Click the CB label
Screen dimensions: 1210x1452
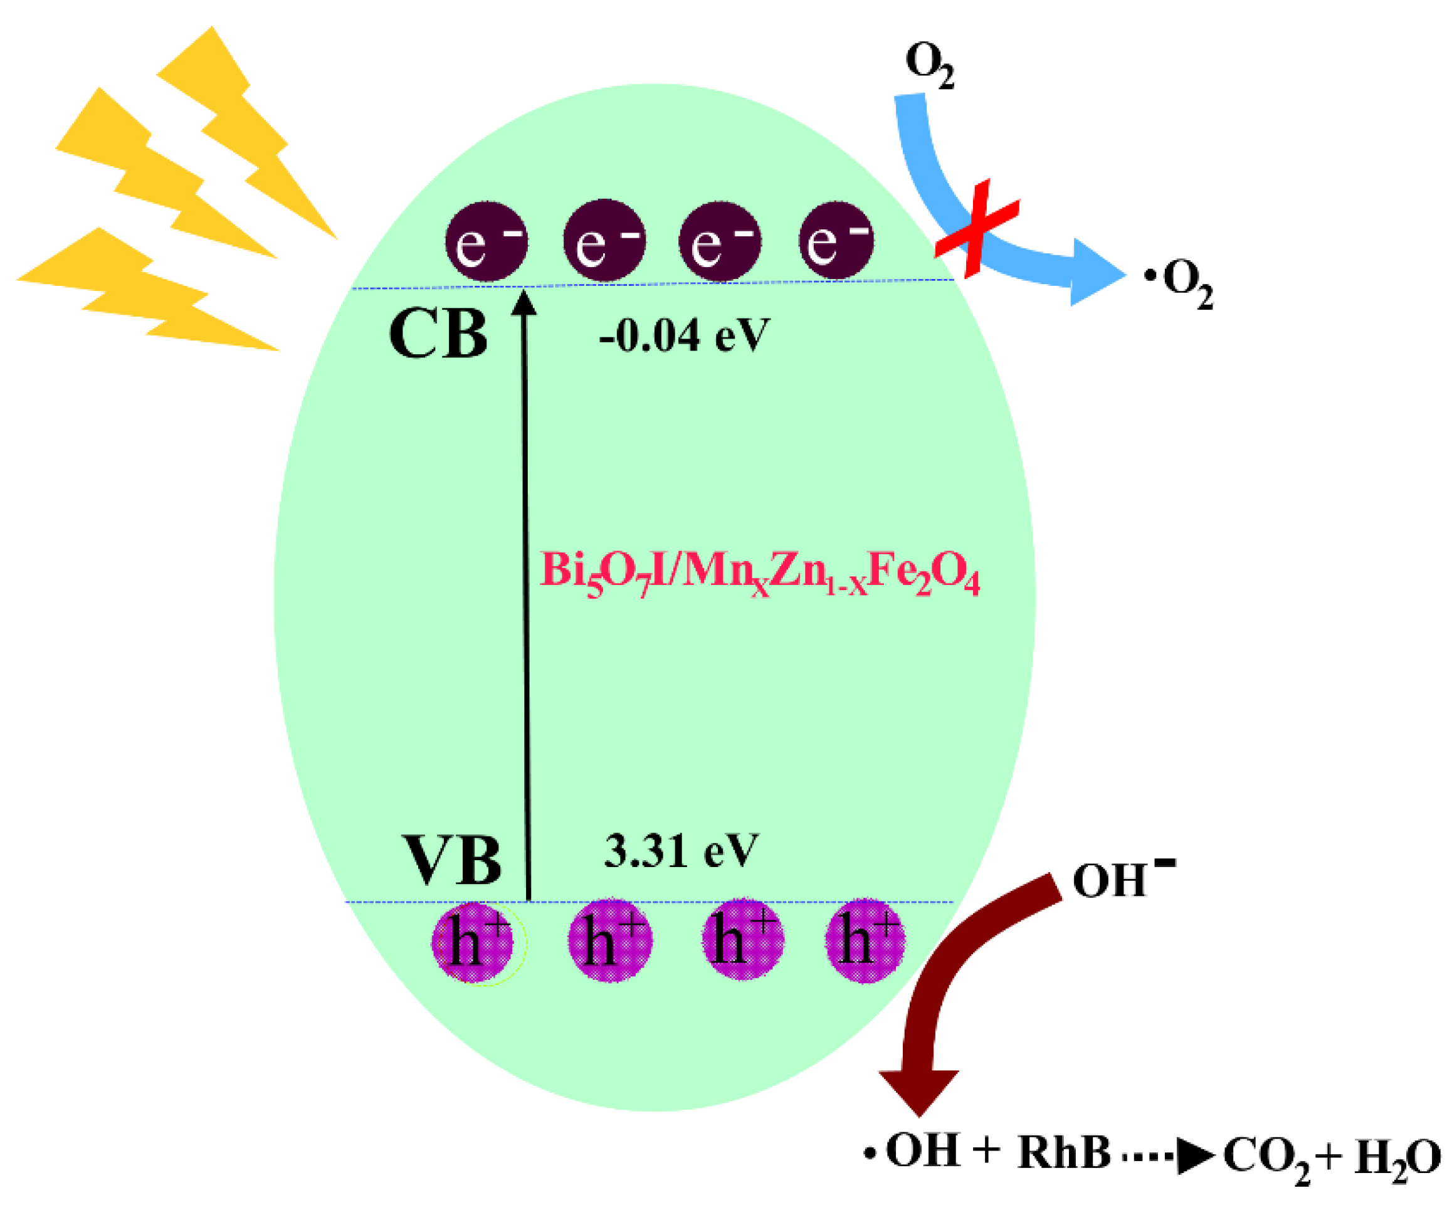438,334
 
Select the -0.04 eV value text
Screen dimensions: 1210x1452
683,337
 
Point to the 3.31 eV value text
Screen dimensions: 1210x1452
681,851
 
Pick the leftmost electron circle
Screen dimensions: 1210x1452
486,241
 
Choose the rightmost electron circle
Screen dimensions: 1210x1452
836,241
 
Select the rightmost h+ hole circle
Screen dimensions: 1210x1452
865,940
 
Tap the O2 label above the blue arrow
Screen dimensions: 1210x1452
929,65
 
